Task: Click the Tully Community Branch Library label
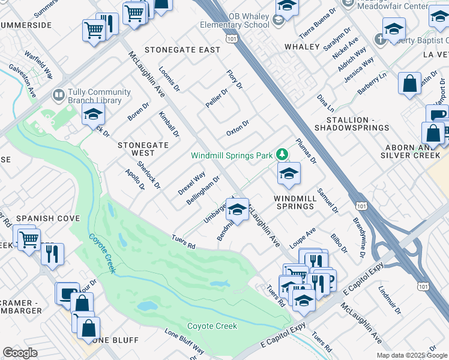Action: pos(100,96)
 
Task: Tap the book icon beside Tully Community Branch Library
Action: pos(59,95)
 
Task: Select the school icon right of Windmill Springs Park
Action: pos(289,175)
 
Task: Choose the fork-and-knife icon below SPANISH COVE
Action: pos(52,254)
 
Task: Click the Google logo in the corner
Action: pos(20,353)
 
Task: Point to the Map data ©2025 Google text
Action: pos(412,355)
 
